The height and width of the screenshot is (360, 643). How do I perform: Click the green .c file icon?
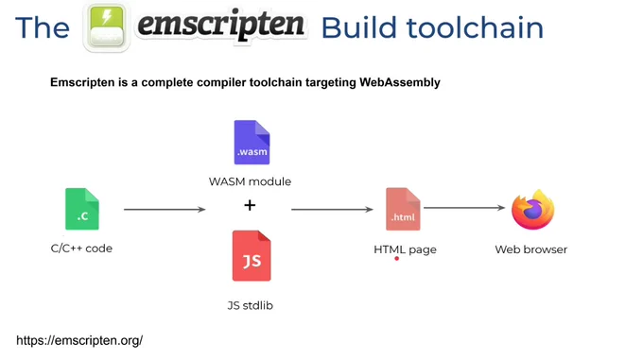pos(82,209)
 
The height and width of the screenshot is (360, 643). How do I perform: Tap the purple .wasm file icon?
pos(252,142)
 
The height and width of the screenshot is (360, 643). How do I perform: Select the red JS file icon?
pos(252,255)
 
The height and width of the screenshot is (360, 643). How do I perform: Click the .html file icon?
pos(403,209)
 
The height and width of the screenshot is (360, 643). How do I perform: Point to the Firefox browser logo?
pos(532,209)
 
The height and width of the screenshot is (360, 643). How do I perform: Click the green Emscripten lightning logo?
pos(107,27)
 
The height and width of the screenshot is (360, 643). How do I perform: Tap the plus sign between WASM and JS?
pos(250,205)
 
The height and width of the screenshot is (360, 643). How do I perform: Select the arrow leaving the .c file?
pos(165,209)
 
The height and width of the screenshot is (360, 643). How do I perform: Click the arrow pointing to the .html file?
pos(332,209)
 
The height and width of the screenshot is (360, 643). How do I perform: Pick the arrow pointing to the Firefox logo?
pos(464,208)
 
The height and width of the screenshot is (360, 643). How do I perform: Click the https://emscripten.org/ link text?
pos(79,340)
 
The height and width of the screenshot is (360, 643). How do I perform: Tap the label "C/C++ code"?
pos(81,249)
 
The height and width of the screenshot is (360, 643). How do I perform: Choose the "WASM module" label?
pos(250,181)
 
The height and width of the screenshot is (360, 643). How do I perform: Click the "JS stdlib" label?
pos(251,305)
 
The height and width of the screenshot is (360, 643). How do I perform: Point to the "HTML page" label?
pos(405,249)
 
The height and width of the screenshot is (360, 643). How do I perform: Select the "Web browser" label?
pos(531,249)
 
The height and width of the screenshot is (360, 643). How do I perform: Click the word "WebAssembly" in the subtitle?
pos(400,82)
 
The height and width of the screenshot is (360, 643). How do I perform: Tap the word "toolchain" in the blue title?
pos(475,27)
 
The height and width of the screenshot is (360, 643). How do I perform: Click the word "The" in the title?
pos(43,27)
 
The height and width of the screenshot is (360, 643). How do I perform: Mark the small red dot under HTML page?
pos(396,259)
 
